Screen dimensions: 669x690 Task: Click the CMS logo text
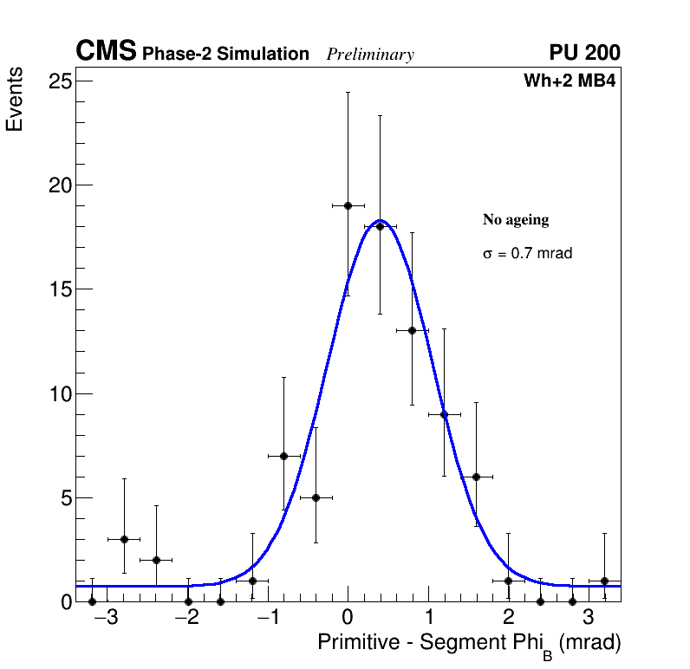(x=106, y=52)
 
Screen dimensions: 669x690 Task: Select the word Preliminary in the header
(x=370, y=55)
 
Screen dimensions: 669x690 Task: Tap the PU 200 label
(x=584, y=53)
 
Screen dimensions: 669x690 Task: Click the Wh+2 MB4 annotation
(x=569, y=81)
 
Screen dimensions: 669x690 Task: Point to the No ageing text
(x=516, y=220)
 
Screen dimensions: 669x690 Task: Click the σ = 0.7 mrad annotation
(x=527, y=254)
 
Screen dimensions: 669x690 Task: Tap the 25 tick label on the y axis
(x=60, y=81)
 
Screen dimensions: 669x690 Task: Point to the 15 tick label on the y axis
(x=60, y=289)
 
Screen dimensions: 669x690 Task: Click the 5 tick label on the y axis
(x=65, y=498)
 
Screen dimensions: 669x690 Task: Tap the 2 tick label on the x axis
(x=509, y=619)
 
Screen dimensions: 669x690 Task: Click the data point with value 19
(x=348, y=205)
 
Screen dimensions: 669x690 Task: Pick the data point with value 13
(x=412, y=330)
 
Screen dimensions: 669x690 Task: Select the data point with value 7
(x=283, y=456)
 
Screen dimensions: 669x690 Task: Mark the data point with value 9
(x=444, y=414)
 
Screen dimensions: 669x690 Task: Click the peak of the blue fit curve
(x=381, y=220)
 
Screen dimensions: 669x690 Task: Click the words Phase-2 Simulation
(x=225, y=55)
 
